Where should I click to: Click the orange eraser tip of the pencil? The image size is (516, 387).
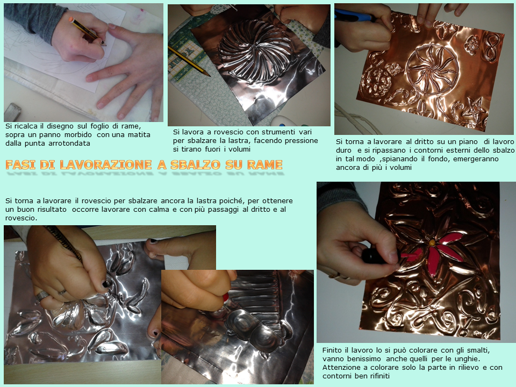[x=71, y=19]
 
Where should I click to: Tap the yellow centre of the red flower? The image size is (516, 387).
[x=432, y=243]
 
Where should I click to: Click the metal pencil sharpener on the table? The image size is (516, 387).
[x=12, y=112]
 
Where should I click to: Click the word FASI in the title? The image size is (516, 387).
[x=20, y=164]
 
